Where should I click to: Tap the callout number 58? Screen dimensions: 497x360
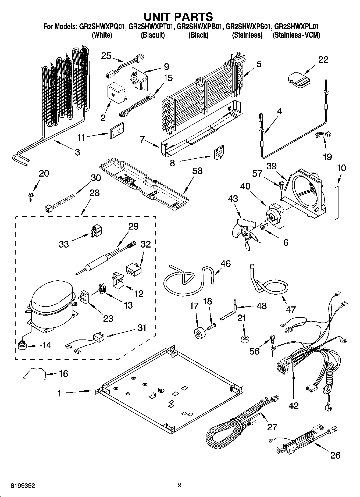pos(197,171)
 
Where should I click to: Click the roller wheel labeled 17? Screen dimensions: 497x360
pos(199,334)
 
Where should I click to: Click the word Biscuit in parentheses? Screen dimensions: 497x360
pos(153,35)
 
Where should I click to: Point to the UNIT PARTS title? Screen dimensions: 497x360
pos(179,17)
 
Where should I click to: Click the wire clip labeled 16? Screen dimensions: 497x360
pos(35,373)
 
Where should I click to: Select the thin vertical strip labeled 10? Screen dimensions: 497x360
pos(336,202)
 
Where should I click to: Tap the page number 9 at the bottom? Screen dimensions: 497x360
pos(180,485)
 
